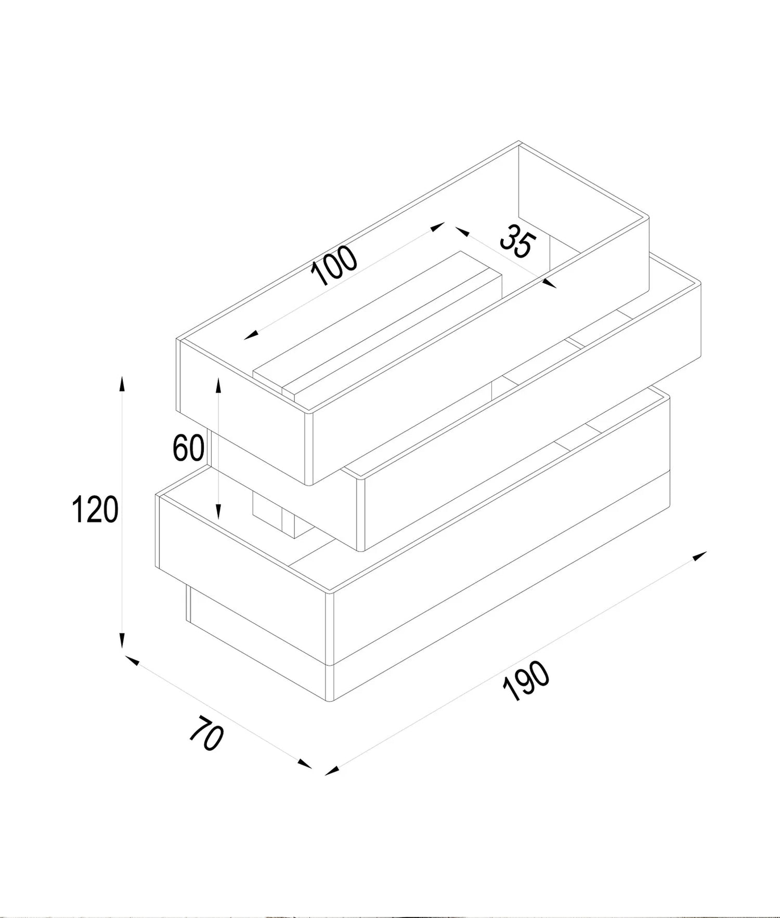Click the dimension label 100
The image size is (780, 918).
(x=334, y=265)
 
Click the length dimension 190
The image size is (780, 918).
(x=526, y=681)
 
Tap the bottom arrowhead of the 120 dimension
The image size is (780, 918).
(x=122, y=640)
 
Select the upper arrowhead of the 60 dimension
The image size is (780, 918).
(x=219, y=385)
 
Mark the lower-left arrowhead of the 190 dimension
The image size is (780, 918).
(x=332, y=770)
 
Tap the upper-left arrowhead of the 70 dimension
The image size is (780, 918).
(x=133, y=660)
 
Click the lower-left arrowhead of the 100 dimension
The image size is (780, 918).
(x=252, y=335)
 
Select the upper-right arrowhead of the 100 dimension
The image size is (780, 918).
(x=437, y=226)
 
